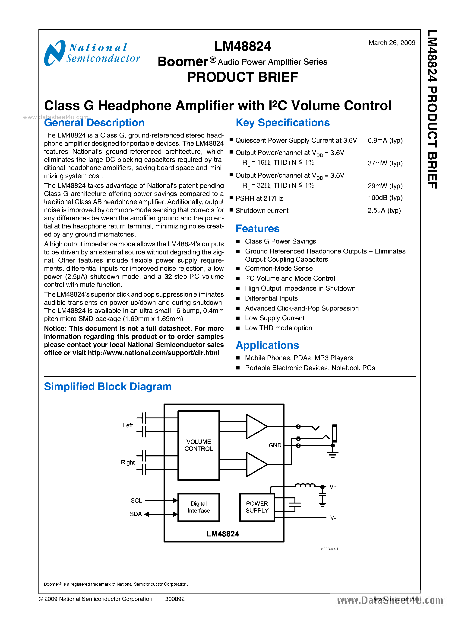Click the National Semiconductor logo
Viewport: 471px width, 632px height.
click(92, 53)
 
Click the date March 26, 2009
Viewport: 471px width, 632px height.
click(392, 43)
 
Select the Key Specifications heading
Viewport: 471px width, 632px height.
click(283, 123)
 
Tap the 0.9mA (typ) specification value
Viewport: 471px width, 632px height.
click(385, 141)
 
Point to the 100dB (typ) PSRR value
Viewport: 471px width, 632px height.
click(385, 198)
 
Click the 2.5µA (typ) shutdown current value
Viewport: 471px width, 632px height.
click(384, 211)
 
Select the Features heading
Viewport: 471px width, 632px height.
click(257, 229)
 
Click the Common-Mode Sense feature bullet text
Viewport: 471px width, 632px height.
click(278, 268)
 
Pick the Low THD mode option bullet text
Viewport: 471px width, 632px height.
click(278, 328)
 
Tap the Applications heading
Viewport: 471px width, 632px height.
click(267, 345)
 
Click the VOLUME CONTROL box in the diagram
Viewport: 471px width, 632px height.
click(199, 445)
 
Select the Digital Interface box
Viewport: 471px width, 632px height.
click(199, 507)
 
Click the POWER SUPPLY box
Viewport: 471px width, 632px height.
click(257, 507)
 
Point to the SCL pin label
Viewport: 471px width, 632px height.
click(136, 500)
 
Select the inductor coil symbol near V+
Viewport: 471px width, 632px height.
click(305, 485)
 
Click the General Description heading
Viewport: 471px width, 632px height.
click(94, 123)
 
